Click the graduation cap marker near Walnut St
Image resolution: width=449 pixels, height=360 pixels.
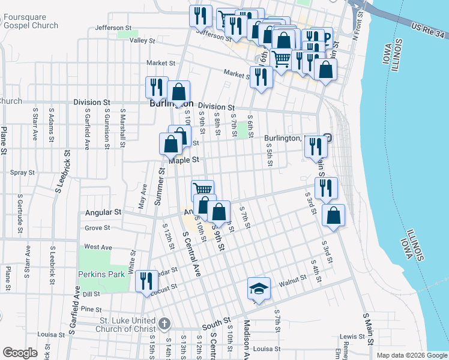tap(259, 289)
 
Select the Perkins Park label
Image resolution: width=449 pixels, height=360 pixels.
tap(101, 274)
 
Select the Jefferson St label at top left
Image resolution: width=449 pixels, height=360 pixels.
tap(113, 28)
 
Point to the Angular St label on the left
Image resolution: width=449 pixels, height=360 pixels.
tap(103, 212)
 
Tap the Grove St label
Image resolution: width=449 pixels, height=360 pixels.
tap(97, 228)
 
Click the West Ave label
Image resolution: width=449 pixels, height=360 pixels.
tap(98, 247)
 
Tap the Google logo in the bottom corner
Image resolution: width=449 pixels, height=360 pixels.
tap(20, 353)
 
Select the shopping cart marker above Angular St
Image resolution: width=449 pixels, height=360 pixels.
tap(203, 190)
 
